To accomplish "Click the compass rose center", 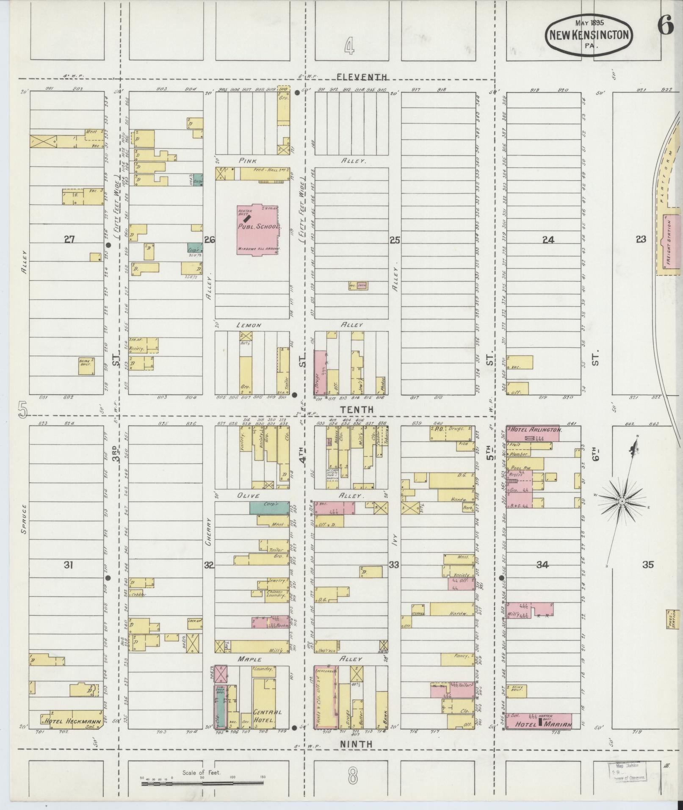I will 622,501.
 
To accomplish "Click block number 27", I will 69,240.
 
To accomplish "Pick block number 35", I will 647,564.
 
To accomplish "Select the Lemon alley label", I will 250,325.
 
